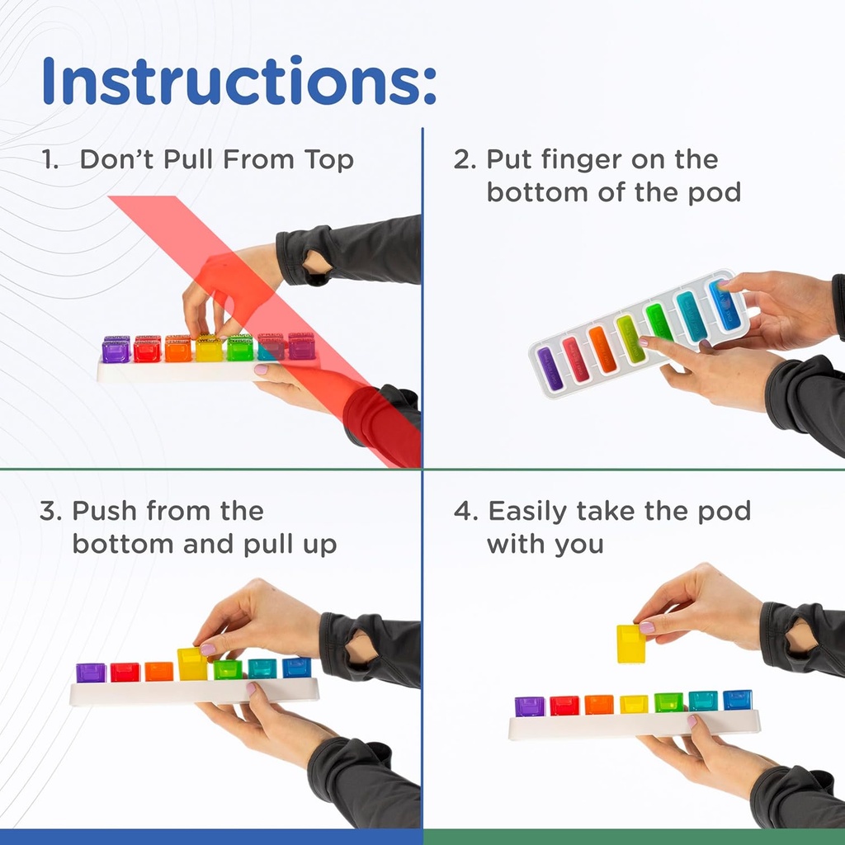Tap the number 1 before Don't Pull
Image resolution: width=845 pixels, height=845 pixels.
tap(50, 158)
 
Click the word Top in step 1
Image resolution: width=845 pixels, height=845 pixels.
tap(330, 158)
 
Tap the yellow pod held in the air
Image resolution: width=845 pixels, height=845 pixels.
tap(631, 644)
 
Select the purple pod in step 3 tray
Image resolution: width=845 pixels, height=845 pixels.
tap(91, 673)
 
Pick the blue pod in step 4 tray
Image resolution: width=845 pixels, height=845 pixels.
tap(738, 700)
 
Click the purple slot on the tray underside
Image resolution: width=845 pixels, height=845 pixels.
tap(550, 368)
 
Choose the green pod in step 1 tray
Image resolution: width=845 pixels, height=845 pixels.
tap(240, 348)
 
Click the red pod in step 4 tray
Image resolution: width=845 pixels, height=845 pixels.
tap(564, 706)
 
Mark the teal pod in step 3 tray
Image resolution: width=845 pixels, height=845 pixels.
tap(262, 668)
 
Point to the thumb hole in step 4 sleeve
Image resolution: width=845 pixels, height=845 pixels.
tap(800, 638)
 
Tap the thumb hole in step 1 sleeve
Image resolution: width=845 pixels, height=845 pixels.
tap(317, 263)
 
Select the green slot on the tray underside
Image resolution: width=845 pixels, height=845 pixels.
tap(659, 322)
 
